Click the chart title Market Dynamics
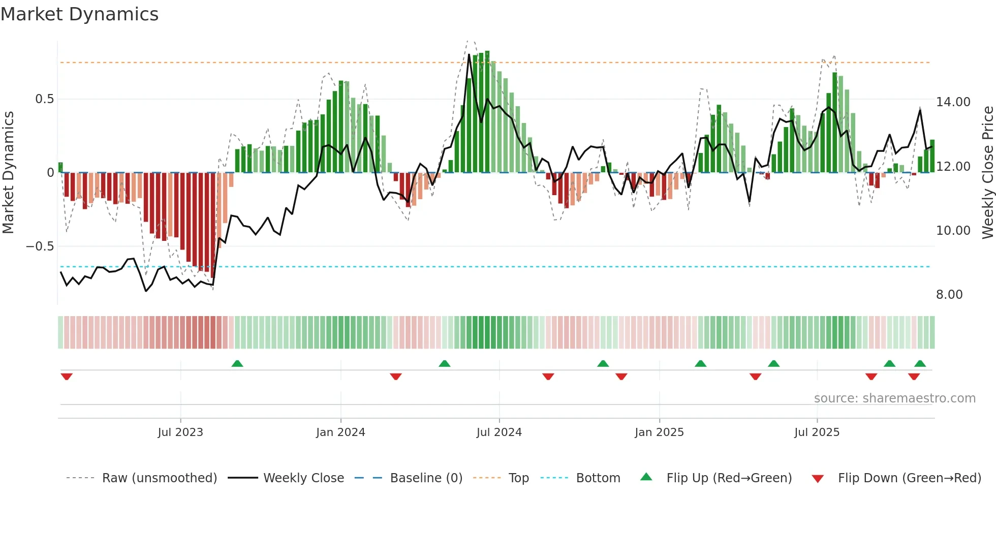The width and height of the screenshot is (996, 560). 79,14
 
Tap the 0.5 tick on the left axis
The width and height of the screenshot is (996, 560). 44,99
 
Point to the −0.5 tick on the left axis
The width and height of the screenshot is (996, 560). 40,246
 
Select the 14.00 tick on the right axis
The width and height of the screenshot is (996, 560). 953,102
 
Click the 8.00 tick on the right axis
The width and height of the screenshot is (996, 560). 949,295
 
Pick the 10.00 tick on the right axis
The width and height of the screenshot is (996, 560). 953,231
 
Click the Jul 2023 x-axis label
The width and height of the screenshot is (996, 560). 180,432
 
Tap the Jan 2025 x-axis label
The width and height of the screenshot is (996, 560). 659,432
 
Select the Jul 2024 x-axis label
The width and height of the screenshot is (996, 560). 499,432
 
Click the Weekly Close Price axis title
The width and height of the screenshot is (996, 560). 987,172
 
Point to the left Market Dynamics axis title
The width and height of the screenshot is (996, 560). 8,172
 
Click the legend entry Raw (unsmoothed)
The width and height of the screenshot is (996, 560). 159,478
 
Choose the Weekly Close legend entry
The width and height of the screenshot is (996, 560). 303,478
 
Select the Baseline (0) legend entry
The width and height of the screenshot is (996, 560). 426,478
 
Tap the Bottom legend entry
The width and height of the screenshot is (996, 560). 598,478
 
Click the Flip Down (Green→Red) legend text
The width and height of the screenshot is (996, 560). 909,478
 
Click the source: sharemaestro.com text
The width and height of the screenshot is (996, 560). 894,398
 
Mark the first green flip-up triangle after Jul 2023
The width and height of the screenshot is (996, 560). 237,363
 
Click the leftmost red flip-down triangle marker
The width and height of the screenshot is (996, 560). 67,377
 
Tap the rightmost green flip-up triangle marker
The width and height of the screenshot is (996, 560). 920,363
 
